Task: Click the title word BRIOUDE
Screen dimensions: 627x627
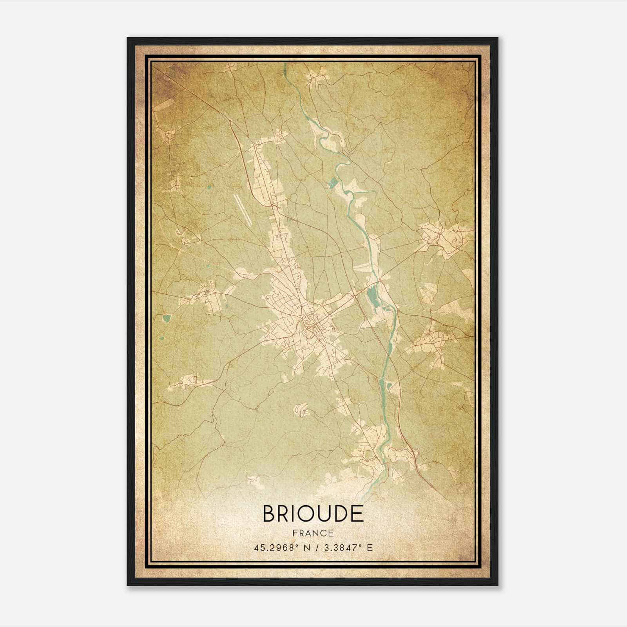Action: [x=313, y=514]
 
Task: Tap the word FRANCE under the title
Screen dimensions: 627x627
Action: [x=313, y=533]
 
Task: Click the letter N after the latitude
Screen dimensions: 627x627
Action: [x=307, y=547]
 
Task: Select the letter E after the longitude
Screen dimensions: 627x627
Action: [x=370, y=547]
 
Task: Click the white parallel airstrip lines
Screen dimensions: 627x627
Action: [x=243, y=209]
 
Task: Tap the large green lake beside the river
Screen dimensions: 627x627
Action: [x=372, y=298]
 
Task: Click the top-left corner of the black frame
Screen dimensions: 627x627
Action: [x=128, y=38]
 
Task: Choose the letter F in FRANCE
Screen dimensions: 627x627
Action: [x=295, y=533]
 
